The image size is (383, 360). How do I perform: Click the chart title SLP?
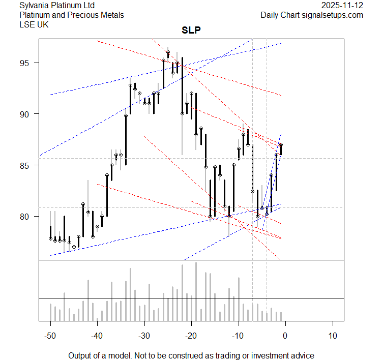click(x=191, y=30)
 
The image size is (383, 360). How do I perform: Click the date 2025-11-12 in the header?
click(x=342, y=6)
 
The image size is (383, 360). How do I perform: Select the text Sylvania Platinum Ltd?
click(x=57, y=6)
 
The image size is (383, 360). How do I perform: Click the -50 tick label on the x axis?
click(x=50, y=335)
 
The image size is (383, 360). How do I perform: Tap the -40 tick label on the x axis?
click(x=97, y=335)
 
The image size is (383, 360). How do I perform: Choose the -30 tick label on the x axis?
click(x=144, y=335)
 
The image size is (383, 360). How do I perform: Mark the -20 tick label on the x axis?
click(x=191, y=335)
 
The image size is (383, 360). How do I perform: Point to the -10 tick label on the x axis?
click(x=238, y=335)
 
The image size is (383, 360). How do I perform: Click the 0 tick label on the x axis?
click(x=285, y=335)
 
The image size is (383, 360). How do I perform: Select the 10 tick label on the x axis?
click(x=332, y=335)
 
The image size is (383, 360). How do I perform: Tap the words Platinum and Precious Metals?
click(x=71, y=15)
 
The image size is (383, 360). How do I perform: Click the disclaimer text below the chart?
click(x=191, y=355)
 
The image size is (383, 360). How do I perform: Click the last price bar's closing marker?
click(x=281, y=145)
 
